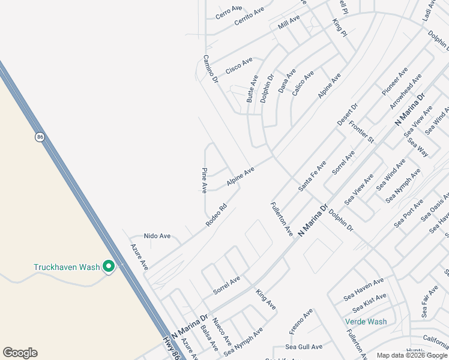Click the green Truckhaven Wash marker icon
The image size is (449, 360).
pyautogui.click(x=109, y=266)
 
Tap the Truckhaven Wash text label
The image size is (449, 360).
pyautogui.click(x=66, y=267)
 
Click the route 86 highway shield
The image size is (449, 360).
pyautogui.click(x=40, y=137)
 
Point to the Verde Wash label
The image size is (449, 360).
pyautogui.click(x=366, y=322)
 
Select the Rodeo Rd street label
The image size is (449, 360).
pyautogui.click(x=216, y=215)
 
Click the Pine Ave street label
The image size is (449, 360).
pyautogui.click(x=204, y=180)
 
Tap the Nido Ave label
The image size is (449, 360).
pyautogui.click(x=157, y=236)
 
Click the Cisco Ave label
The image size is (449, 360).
pyautogui.click(x=239, y=66)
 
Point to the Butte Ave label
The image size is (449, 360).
pyautogui.click(x=253, y=89)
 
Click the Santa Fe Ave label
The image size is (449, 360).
pyautogui.click(x=312, y=176)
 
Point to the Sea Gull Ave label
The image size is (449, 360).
pyautogui.click(x=304, y=347)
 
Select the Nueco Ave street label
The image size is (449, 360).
pyautogui.click(x=221, y=332)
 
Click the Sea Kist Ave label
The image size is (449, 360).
pyautogui.click(x=370, y=302)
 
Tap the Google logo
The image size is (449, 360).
pyautogui.click(x=20, y=353)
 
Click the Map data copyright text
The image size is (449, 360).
pyautogui.click(x=412, y=355)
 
